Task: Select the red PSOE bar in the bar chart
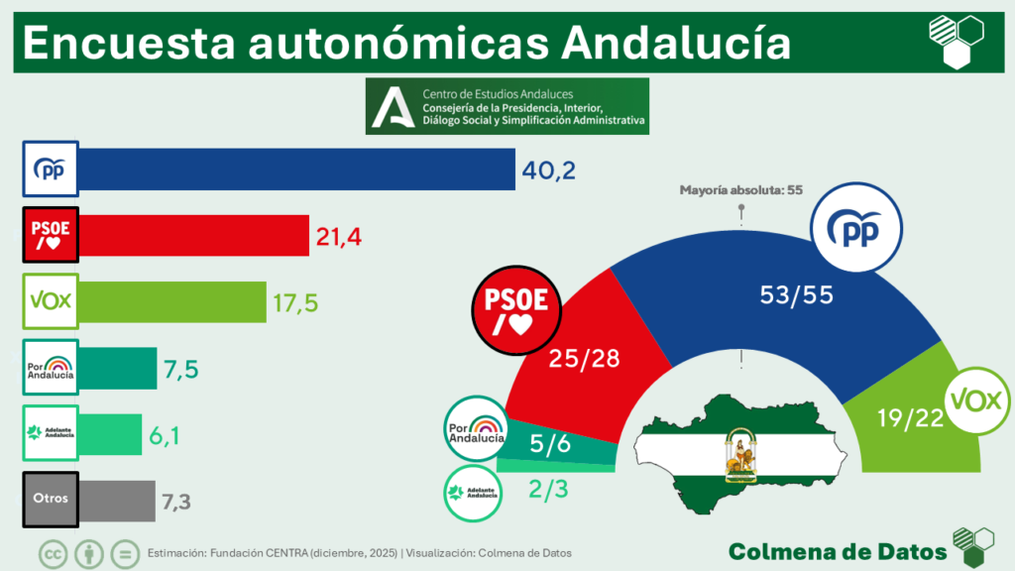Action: pyautogui.click(x=193, y=235)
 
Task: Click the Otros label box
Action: pyautogui.click(x=50, y=499)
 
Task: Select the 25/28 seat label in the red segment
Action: pyautogui.click(x=586, y=358)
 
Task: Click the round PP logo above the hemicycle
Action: pyautogui.click(x=856, y=231)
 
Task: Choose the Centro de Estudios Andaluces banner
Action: pyautogui.click(x=507, y=107)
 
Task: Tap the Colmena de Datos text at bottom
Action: pyautogui.click(x=837, y=550)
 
